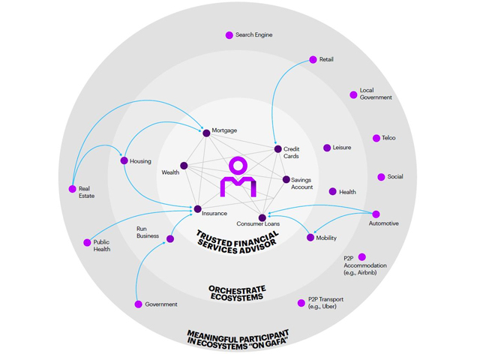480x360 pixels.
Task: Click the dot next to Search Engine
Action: point(229,35)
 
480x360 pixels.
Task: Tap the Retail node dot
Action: point(313,60)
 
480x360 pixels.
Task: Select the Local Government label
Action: point(376,94)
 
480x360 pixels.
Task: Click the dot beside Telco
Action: point(376,138)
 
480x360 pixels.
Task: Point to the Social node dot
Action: point(381,177)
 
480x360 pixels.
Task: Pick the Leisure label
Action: point(342,148)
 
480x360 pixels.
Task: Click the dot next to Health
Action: point(333,192)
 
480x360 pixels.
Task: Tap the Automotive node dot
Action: point(376,214)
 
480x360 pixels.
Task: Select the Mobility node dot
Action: point(310,238)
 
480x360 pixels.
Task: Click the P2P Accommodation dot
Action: point(362,256)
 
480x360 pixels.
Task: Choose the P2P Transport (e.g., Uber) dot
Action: point(301,303)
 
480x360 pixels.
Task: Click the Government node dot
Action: point(138,304)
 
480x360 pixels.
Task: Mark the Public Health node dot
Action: point(87,242)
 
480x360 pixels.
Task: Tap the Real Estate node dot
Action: point(72,189)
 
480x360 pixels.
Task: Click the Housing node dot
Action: point(124,160)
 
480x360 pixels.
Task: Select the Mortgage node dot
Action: point(206,133)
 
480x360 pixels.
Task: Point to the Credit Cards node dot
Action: point(277,149)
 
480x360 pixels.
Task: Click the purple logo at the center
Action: point(238,178)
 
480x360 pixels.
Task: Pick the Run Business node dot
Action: point(170,238)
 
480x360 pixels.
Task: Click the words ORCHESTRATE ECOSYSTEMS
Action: point(236,292)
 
